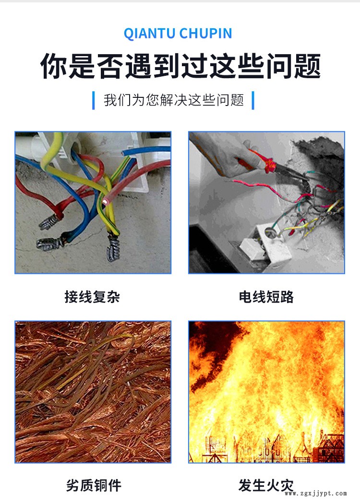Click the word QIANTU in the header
click(150, 34)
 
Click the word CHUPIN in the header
click(206, 34)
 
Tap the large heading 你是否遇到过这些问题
click(180, 67)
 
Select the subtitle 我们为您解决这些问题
click(174, 100)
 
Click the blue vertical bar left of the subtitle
click(94, 100)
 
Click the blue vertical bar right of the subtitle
click(253, 100)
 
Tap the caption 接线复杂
click(92, 297)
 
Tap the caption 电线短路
click(266, 297)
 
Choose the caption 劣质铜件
click(93, 485)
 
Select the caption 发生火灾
click(266, 485)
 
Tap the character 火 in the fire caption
click(273, 485)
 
